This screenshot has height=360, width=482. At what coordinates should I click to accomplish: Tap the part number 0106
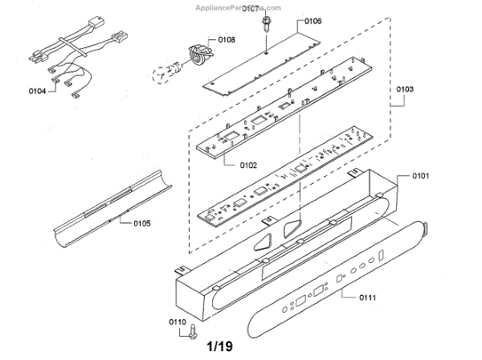pyautogui.click(x=312, y=22)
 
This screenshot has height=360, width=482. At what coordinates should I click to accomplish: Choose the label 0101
pyautogui.click(x=423, y=175)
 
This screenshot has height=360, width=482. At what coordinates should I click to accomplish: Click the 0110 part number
pyautogui.click(x=178, y=323)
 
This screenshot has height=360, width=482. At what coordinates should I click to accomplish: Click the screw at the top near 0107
pyautogui.click(x=268, y=25)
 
